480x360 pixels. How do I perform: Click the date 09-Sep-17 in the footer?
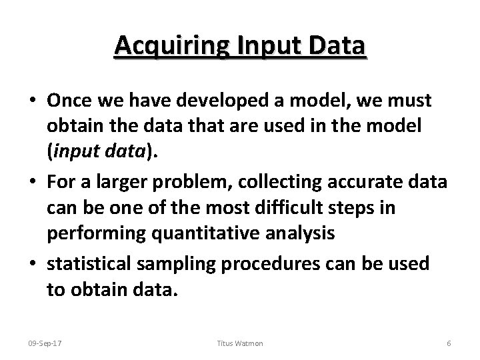click(x=44, y=343)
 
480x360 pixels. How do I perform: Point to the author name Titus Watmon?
click(x=240, y=343)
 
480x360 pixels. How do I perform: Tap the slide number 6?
click(x=449, y=343)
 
